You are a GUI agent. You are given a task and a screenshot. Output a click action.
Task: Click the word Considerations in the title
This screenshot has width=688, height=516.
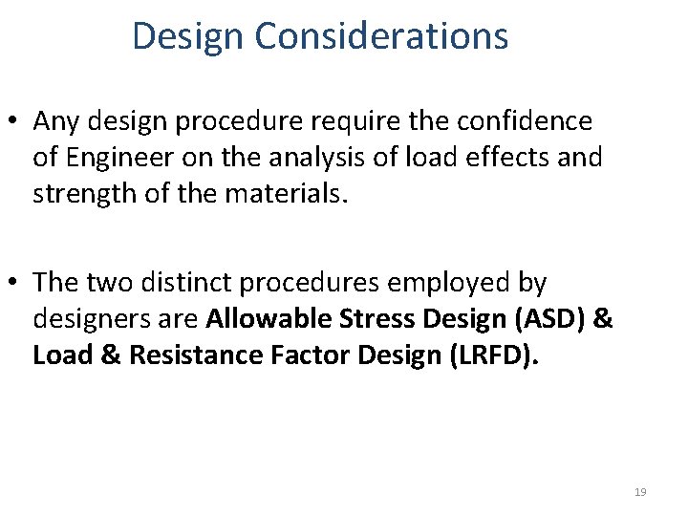[x=381, y=36]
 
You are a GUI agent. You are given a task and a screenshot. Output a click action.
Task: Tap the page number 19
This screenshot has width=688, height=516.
[x=639, y=492]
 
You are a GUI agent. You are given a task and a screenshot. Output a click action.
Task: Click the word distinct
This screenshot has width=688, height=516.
[x=190, y=283]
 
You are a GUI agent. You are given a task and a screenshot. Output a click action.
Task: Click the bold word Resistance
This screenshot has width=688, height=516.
[x=195, y=355]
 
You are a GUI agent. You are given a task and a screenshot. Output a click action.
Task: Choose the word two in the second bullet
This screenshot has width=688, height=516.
[x=103, y=283]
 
